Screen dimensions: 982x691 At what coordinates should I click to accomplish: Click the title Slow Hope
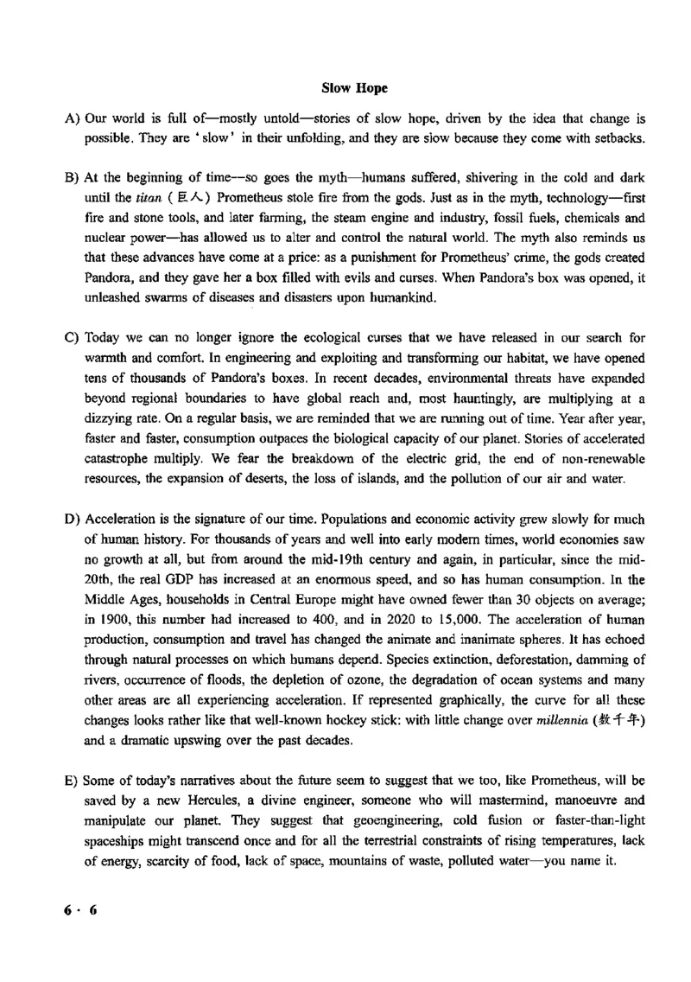354,88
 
